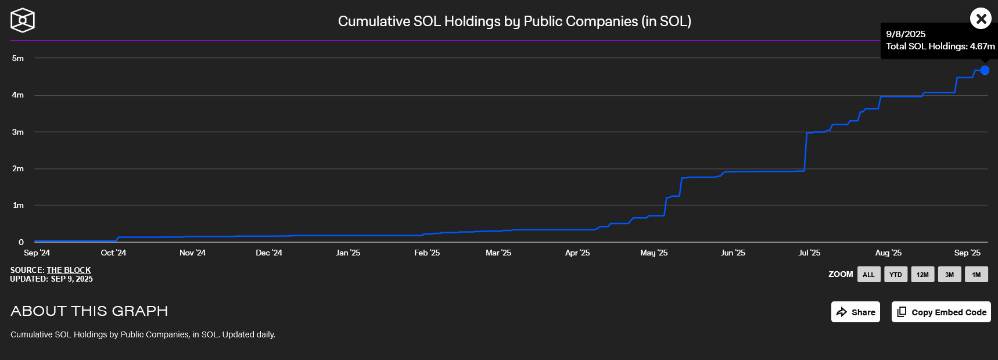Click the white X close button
pos(981,19)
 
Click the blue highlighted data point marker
pos(985,70)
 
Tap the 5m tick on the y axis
pos(18,58)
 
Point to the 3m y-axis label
pos(18,132)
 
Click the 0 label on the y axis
pos(21,242)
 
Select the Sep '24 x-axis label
pos(37,253)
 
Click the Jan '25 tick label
pos(348,253)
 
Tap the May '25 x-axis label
pos(654,253)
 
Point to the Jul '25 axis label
pos(809,253)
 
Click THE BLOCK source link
pos(69,270)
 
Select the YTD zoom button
pos(895,275)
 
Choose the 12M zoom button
pos(922,275)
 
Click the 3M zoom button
pos(949,275)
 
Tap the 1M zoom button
pos(976,275)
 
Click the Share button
pos(855,312)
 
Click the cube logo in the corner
pos(23,20)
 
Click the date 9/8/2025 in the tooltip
pos(906,34)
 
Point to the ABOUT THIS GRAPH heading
pos(89,311)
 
